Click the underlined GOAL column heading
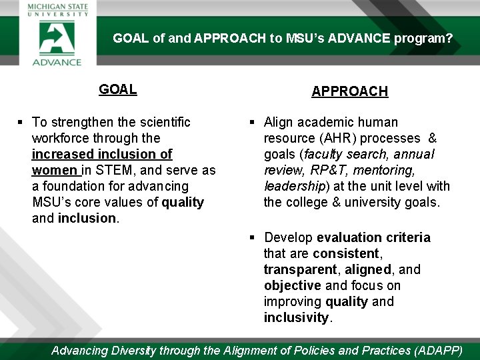(118, 89)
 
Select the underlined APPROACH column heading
(350, 91)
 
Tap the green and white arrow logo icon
(57, 37)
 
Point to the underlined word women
(55, 170)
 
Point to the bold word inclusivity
(296, 317)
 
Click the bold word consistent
(345, 253)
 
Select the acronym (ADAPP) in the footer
(438, 350)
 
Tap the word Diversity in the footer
(133, 350)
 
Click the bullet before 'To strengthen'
(21, 122)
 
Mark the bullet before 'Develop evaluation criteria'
(253, 237)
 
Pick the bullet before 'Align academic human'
(253, 122)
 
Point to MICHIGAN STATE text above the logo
(57, 7)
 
